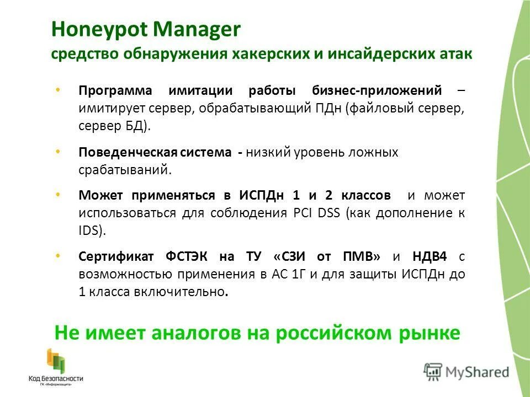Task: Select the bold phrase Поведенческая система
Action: pos(155,152)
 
